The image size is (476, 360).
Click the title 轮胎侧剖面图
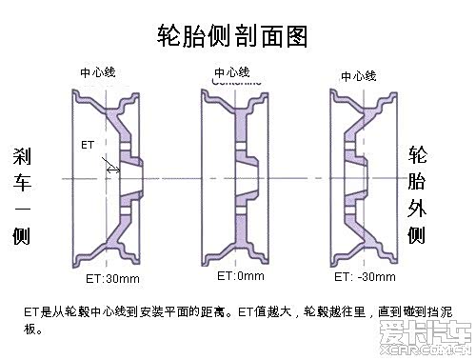pyautogui.click(x=233, y=36)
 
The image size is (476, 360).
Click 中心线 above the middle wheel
pyautogui.click(x=232, y=71)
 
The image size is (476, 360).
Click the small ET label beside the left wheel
pyautogui.click(x=88, y=146)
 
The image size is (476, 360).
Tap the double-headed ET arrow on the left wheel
pyautogui.click(x=112, y=169)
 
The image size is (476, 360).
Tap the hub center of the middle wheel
pyautogui.click(x=249, y=176)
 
